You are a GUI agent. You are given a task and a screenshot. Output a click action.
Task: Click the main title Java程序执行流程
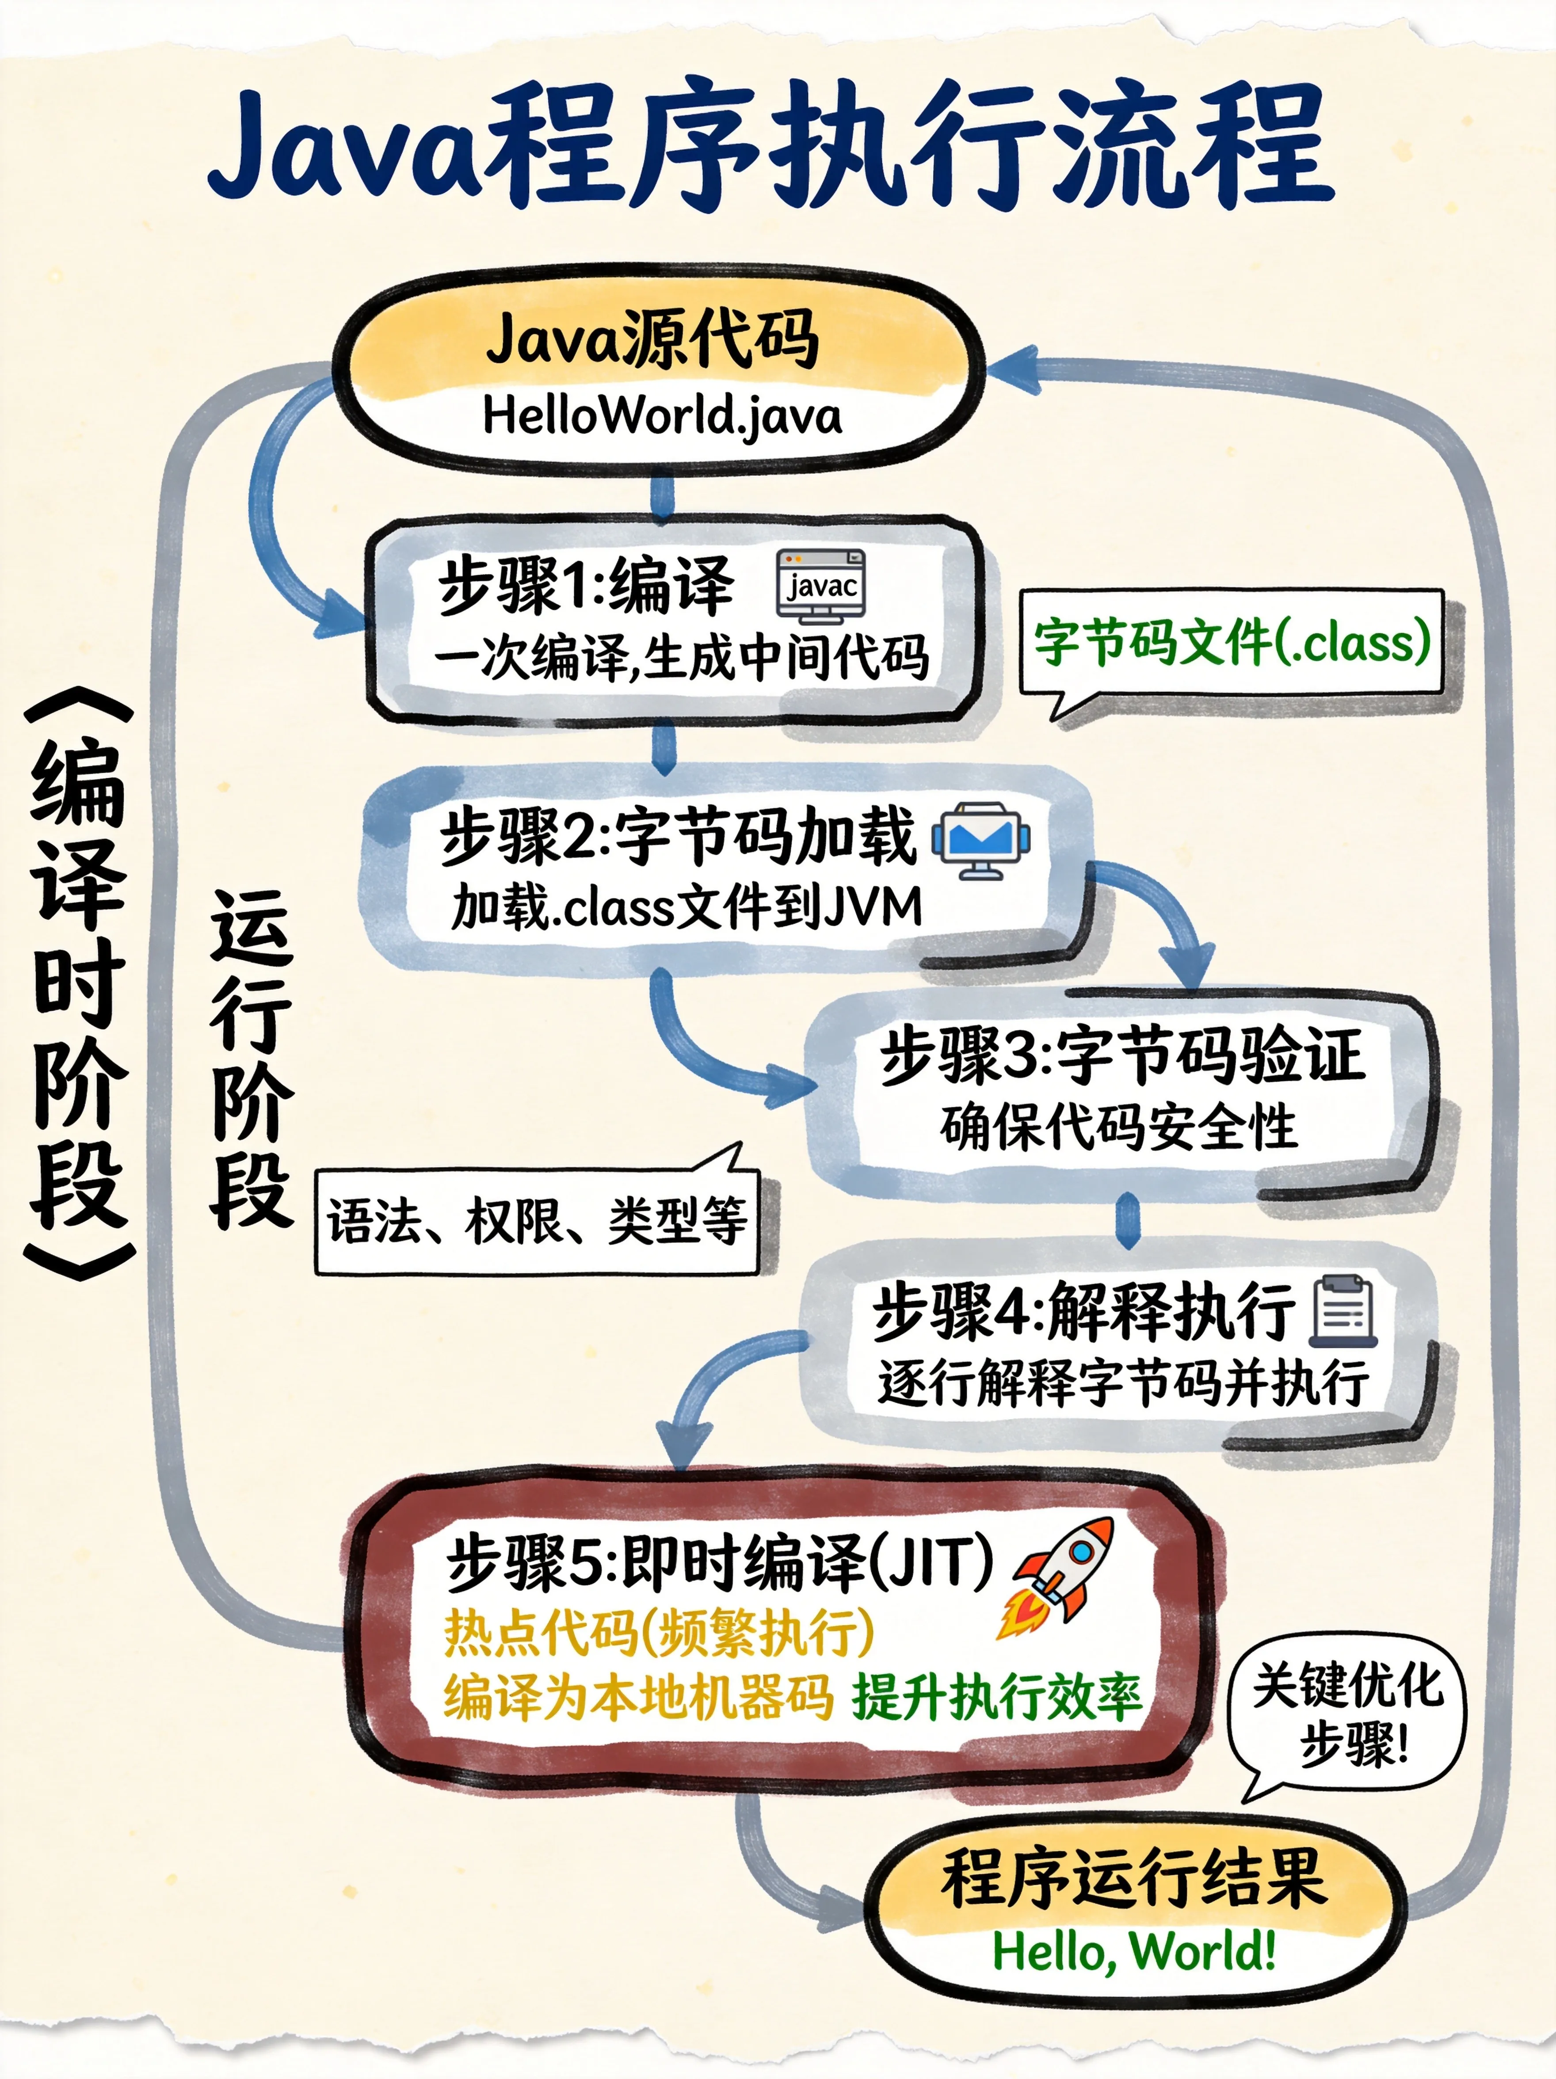pyautogui.click(x=771, y=146)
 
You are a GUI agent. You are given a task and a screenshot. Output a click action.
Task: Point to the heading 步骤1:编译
pyautogui.click(x=585, y=585)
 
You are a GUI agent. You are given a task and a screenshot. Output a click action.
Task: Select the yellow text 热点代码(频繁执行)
pyautogui.click(x=658, y=1633)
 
